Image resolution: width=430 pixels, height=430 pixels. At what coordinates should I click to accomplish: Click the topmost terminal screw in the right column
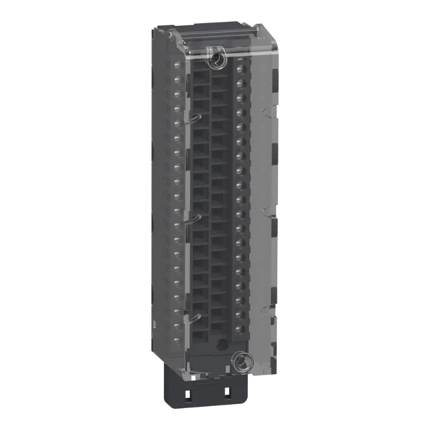240,69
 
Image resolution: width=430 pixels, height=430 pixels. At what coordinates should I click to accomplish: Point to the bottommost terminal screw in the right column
240,328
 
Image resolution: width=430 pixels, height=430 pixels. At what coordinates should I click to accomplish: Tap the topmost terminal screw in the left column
177,66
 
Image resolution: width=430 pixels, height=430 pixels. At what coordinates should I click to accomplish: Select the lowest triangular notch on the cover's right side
264,311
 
